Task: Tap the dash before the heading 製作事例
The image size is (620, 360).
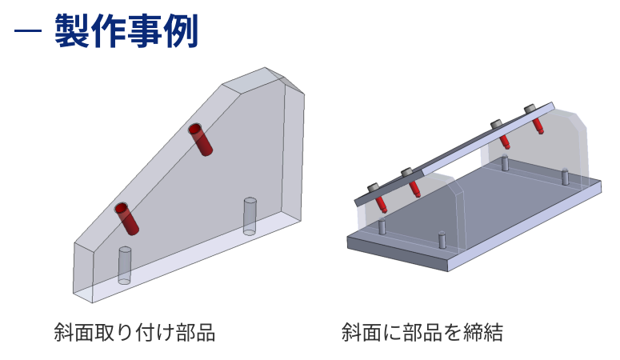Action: (27, 33)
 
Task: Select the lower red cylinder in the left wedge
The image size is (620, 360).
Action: (126, 218)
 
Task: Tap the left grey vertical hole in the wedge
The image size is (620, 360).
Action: (125, 265)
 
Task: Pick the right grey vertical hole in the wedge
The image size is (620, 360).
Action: (249, 215)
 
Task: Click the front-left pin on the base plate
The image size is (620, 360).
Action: (382, 227)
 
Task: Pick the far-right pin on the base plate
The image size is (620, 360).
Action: (565, 175)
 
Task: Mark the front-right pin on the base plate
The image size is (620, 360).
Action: (442, 240)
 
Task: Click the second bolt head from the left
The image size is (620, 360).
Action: (406, 172)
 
